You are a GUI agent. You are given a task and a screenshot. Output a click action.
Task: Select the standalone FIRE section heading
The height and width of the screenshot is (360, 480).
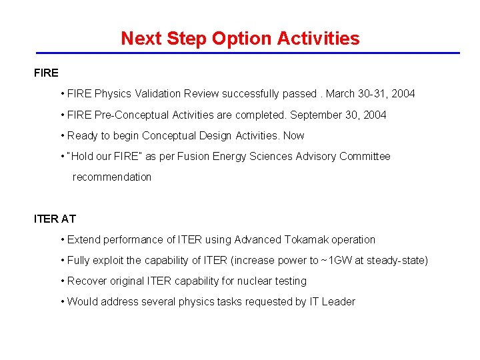click(46, 73)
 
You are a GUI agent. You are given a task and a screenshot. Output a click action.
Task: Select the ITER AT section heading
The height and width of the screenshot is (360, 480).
click(55, 219)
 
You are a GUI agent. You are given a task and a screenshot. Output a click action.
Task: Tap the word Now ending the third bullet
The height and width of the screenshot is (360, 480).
click(293, 135)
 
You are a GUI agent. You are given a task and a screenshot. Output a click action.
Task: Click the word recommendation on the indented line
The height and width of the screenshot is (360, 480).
click(112, 177)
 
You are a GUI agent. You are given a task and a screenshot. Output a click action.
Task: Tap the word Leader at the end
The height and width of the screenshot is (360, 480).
click(340, 301)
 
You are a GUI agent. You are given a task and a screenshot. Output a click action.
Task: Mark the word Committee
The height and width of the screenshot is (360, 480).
click(365, 156)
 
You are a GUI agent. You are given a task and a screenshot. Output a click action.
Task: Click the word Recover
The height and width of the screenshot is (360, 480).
click(86, 281)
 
